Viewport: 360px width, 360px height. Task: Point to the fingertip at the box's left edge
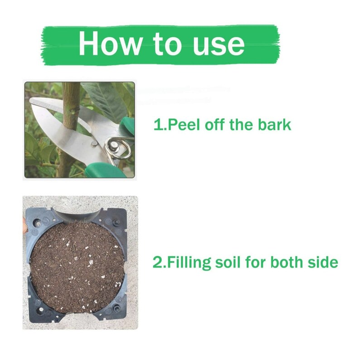(x=24, y=222)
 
